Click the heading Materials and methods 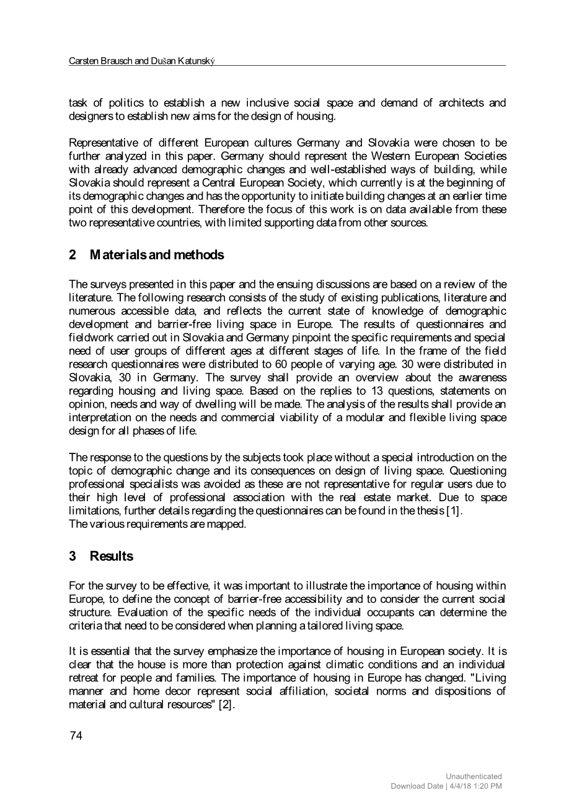coord(157,255)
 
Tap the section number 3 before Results coord(73,556)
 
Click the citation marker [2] coord(225,704)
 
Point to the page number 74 coord(76,736)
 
